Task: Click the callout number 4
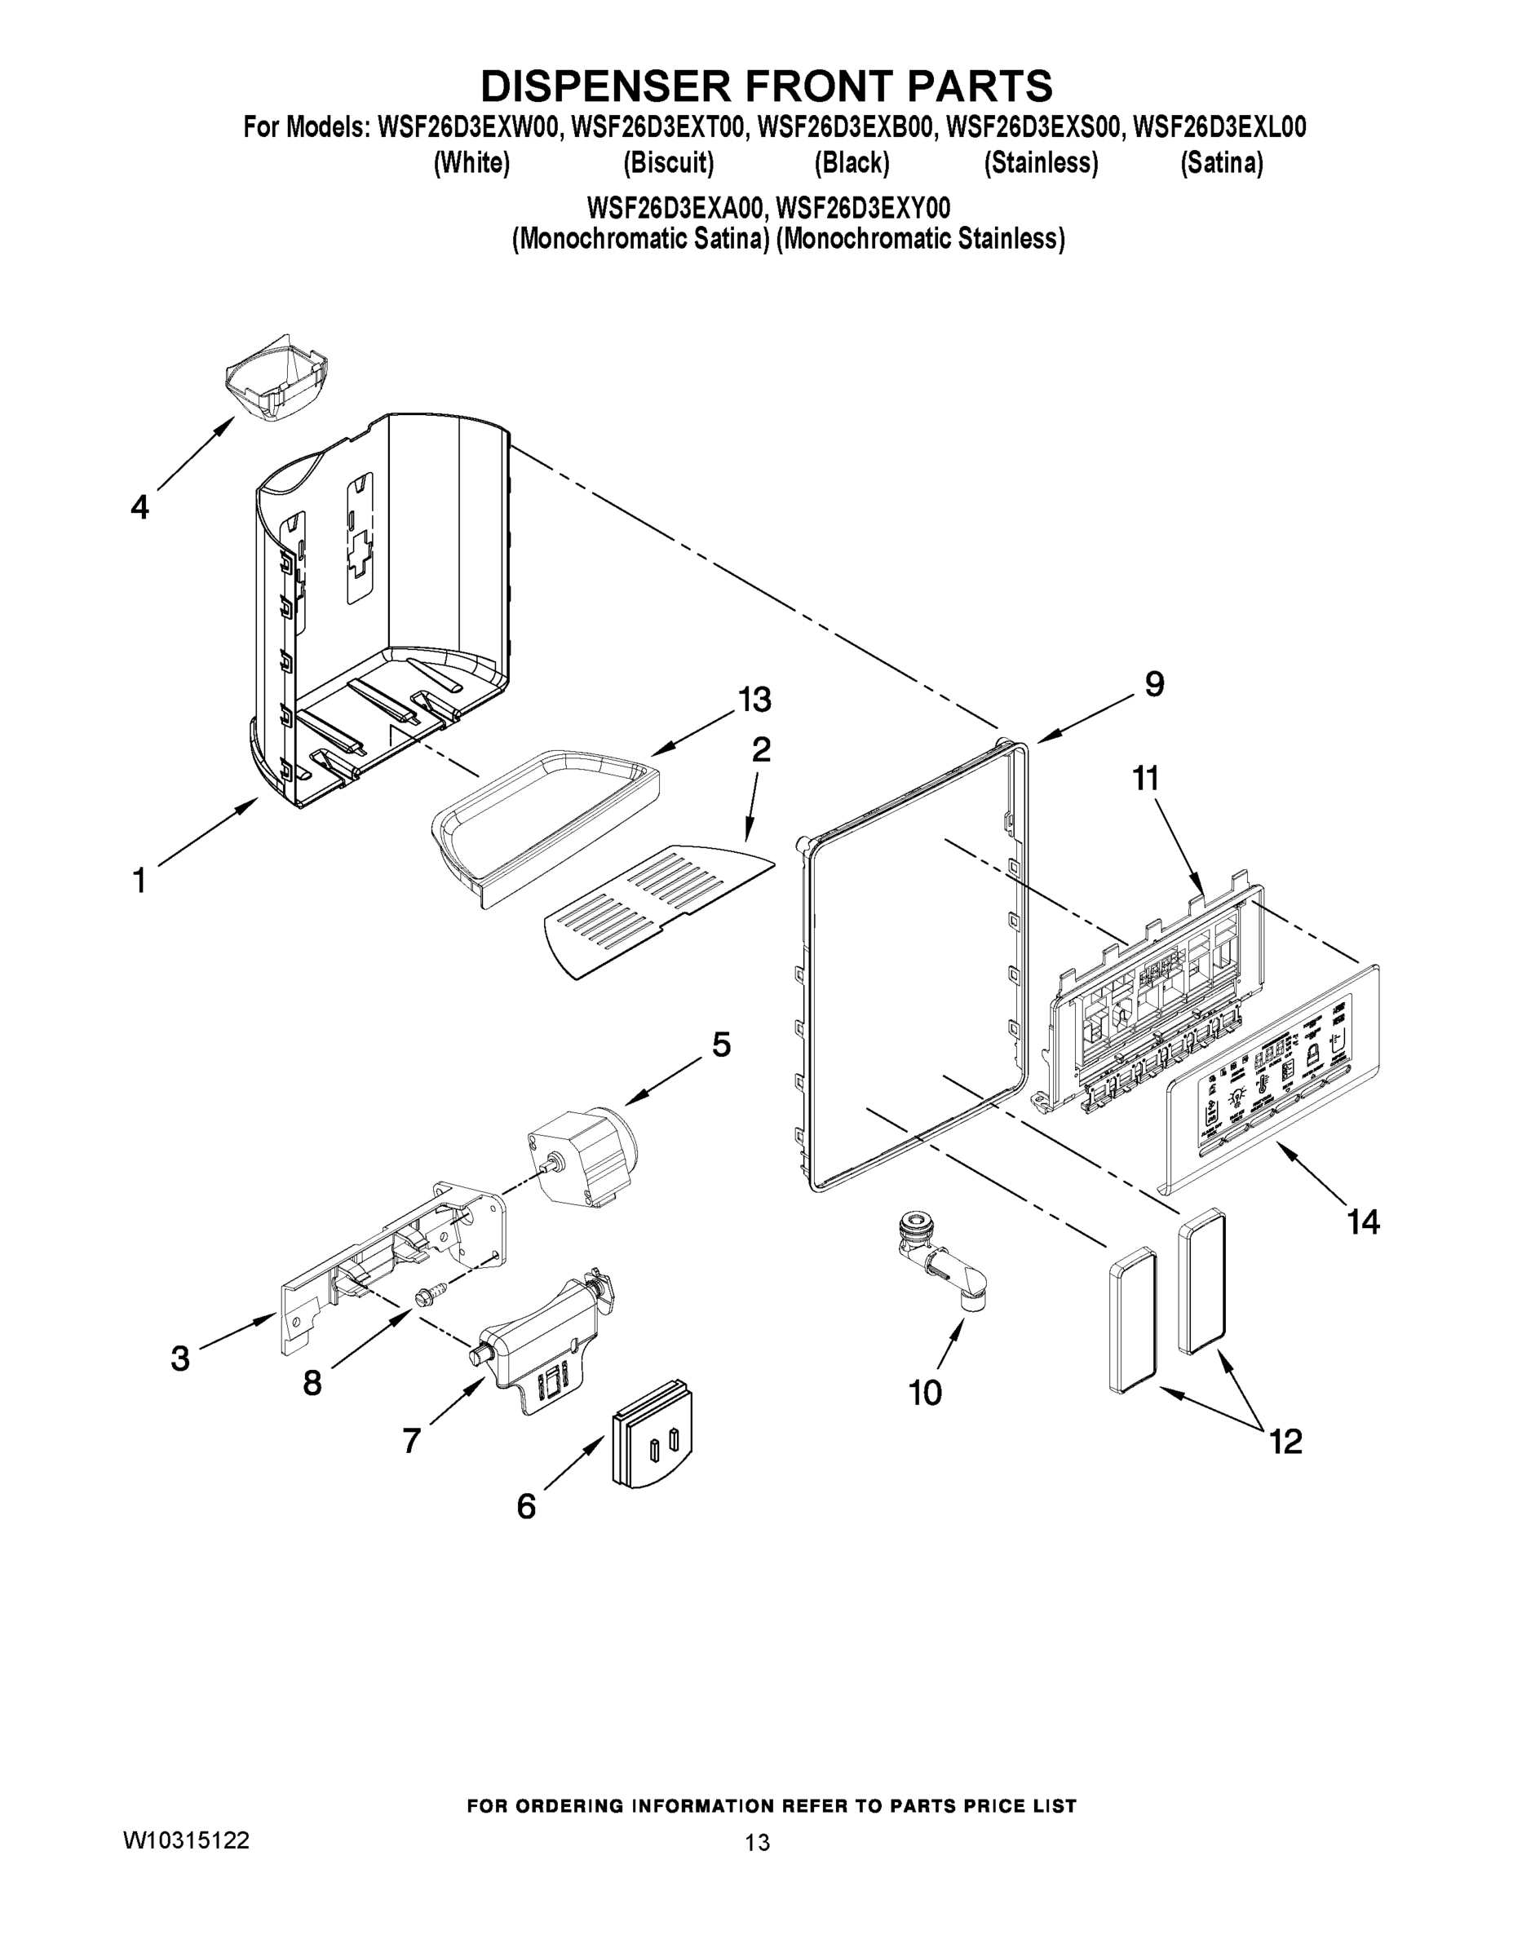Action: pos(139,508)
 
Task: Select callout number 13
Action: pos(754,700)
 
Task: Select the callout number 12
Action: pos(1285,1442)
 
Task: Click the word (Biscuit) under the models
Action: pos(669,163)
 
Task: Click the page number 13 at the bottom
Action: pos(758,1843)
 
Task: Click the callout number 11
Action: pos(1145,778)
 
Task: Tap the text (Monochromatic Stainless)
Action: pos(921,239)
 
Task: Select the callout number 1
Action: pos(139,880)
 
